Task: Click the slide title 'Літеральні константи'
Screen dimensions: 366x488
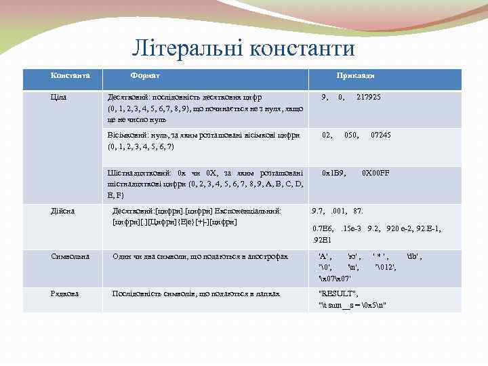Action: pos(243,48)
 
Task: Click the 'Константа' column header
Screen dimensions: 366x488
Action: pos(70,75)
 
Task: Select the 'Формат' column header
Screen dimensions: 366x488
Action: pos(145,75)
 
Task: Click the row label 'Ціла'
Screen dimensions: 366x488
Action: pos(59,98)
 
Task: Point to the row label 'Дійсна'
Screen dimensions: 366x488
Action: pos(63,211)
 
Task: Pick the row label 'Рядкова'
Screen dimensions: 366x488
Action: pos(65,293)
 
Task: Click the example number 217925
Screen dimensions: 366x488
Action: pos(369,98)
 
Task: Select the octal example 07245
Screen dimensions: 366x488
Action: pos(380,136)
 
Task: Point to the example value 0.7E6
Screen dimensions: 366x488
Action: pos(323,229)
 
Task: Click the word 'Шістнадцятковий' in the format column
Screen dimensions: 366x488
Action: pos(136,173)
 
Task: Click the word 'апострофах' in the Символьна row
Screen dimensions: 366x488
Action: pos(268,256)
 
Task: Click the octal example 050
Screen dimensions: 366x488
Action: pos(351,136)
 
